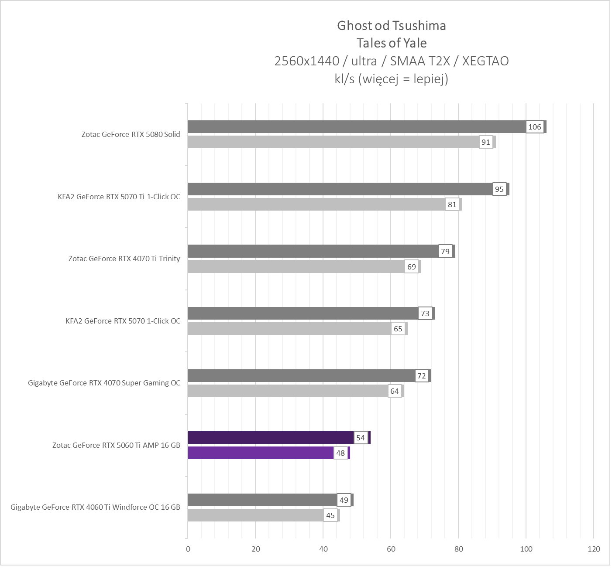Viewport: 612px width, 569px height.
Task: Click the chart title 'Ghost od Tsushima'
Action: (391, 26)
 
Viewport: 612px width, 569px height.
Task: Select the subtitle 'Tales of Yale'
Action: (391, 43)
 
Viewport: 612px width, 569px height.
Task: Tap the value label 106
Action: (534, 127)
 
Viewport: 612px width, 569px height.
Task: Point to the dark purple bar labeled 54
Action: (271, 438)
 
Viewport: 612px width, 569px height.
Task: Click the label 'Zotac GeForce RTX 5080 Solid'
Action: (131, 134)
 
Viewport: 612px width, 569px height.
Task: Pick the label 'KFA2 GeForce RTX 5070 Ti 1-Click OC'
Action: (119, 197)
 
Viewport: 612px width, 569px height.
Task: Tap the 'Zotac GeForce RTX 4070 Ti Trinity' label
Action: (124, 259)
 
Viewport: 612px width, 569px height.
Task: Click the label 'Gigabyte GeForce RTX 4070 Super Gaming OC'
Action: (104, 383)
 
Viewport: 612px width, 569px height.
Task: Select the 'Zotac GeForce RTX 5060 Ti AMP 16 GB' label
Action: (116, 445)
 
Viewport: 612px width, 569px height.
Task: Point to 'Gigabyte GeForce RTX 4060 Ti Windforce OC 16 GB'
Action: (95, 507)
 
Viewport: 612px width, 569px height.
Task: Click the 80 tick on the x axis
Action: (458, 549)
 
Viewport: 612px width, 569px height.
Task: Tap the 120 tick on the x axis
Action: (594, 549)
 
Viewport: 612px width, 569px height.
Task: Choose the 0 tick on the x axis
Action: (188, 549)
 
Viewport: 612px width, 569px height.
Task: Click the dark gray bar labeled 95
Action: (340, 189)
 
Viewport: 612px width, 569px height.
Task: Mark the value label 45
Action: (330, 515)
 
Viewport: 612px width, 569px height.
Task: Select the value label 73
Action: (425, 313)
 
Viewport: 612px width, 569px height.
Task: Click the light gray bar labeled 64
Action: (288, 391)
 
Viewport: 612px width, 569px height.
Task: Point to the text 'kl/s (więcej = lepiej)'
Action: (391, 78)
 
